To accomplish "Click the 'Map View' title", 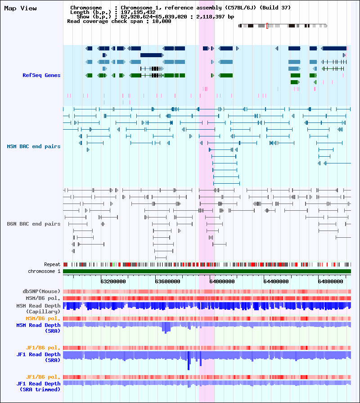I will pyautogui.click(x=20, y=8).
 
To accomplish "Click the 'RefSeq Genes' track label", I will pyautogui.click(x=41, y=75).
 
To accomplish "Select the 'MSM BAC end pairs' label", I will pyautogui.click(x=34, y=146).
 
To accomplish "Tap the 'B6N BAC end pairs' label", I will pyautogui.click(x=34, y=224).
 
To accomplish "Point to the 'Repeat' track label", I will pyautogui.click(x=52, y=264).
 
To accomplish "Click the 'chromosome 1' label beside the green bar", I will pyautogui.click(x=44, y=271).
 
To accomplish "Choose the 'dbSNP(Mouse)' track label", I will pyautogui.click(x=41, y=291).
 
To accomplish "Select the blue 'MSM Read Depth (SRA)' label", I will pyautogui.click(x=38, y=328).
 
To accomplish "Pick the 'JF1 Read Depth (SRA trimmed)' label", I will pyautogui.click(x=39, y=386).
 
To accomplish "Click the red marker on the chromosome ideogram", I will pyautogui.click(x=267, y=26).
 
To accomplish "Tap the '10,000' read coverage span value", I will pyautogui.click(x=162, y=21).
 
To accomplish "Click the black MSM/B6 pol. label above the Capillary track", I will pyautogui.click(x=43, y=298).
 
